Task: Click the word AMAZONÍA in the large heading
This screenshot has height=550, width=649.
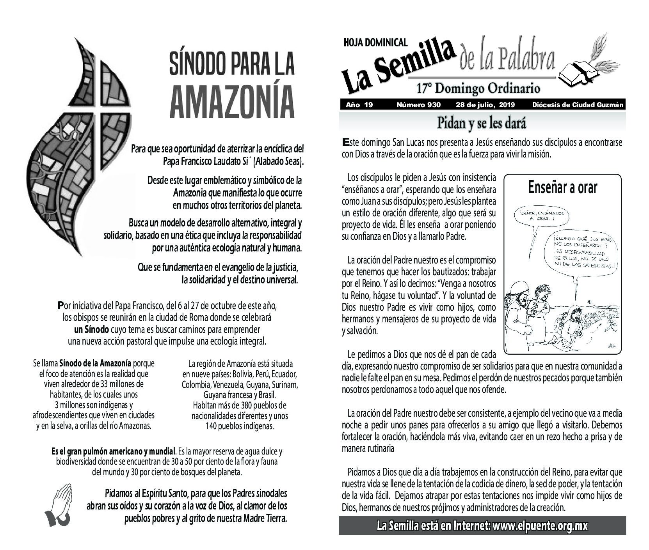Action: (232, 99)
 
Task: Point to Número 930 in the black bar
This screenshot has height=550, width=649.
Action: (418, 105)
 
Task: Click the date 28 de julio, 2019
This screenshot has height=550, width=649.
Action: (485, 105)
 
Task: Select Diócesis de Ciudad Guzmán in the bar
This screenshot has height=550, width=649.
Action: (577, 105)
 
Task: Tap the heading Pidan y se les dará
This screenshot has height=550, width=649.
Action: (482, 123)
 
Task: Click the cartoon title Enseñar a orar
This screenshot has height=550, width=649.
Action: (562, 188)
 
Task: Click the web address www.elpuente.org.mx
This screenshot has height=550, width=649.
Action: (540, 526)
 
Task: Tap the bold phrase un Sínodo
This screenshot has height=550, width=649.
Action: (91, 329)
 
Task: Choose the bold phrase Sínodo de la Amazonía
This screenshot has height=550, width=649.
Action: (95, 363)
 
